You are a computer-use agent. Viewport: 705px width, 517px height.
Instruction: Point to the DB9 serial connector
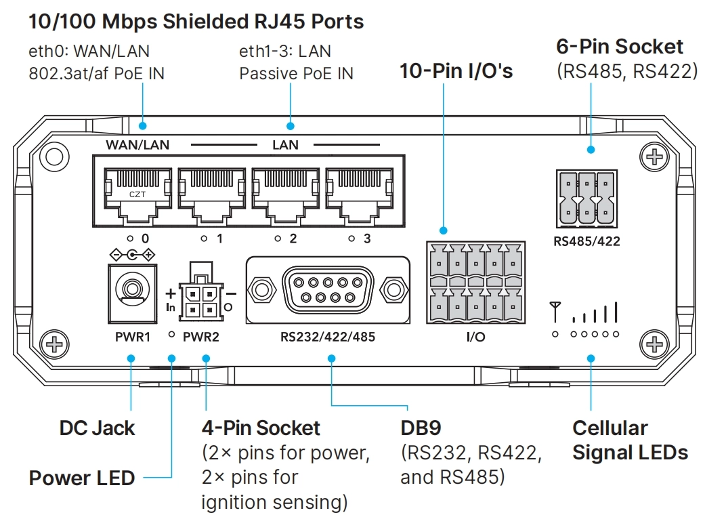[328, 290]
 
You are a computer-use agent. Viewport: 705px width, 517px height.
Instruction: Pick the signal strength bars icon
[595, 313]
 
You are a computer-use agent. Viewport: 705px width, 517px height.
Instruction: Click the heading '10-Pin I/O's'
[456, 70]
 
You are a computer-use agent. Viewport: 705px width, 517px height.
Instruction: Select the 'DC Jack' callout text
[97, 428]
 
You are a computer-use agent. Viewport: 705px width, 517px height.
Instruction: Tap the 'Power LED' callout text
[82, 478]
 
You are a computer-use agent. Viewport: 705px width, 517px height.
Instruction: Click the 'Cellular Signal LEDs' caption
[630, 440]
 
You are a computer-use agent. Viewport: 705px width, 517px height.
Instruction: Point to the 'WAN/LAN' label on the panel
[137, 145]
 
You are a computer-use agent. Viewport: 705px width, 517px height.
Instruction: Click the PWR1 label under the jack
[132, 336]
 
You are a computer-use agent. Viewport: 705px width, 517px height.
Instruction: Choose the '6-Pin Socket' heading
[620, 47]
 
